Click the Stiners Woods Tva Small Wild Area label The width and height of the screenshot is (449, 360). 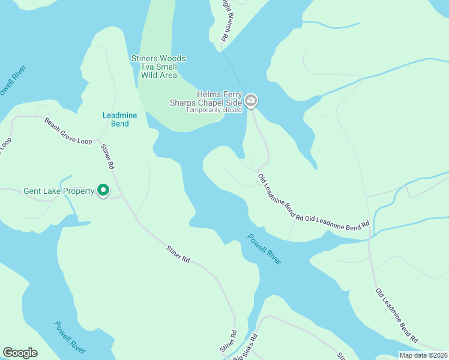(158, 67)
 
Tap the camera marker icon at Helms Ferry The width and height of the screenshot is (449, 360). (251, 100)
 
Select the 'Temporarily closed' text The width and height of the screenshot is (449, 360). (214, 110)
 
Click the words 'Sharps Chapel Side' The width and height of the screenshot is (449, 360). (214, 103)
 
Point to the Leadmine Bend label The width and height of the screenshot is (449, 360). (116, 119)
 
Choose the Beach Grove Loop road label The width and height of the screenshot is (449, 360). (68, 130)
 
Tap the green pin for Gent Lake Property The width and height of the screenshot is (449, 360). (103, 190)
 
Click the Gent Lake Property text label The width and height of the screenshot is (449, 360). (59, 191)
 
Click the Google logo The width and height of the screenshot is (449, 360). (20, 353)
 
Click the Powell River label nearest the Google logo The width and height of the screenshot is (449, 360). (70, 337)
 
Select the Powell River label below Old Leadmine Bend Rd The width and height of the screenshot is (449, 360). (264, 248)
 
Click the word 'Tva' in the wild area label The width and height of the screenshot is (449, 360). (147, 67)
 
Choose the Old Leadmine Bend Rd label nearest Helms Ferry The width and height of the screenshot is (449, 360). (280, 197)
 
